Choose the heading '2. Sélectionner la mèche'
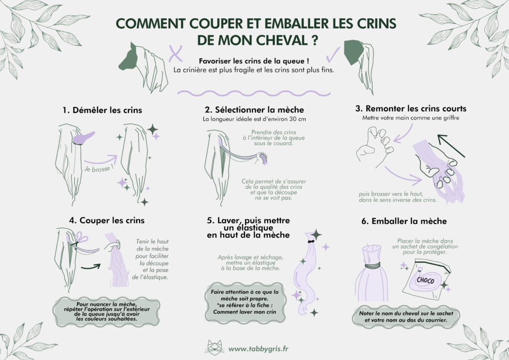pyautogui.click(x=254, y=109)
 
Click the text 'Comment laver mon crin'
pyautogui.click(x=241, y=312)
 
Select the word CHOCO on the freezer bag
pyautogui.click(x=424, y=281)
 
